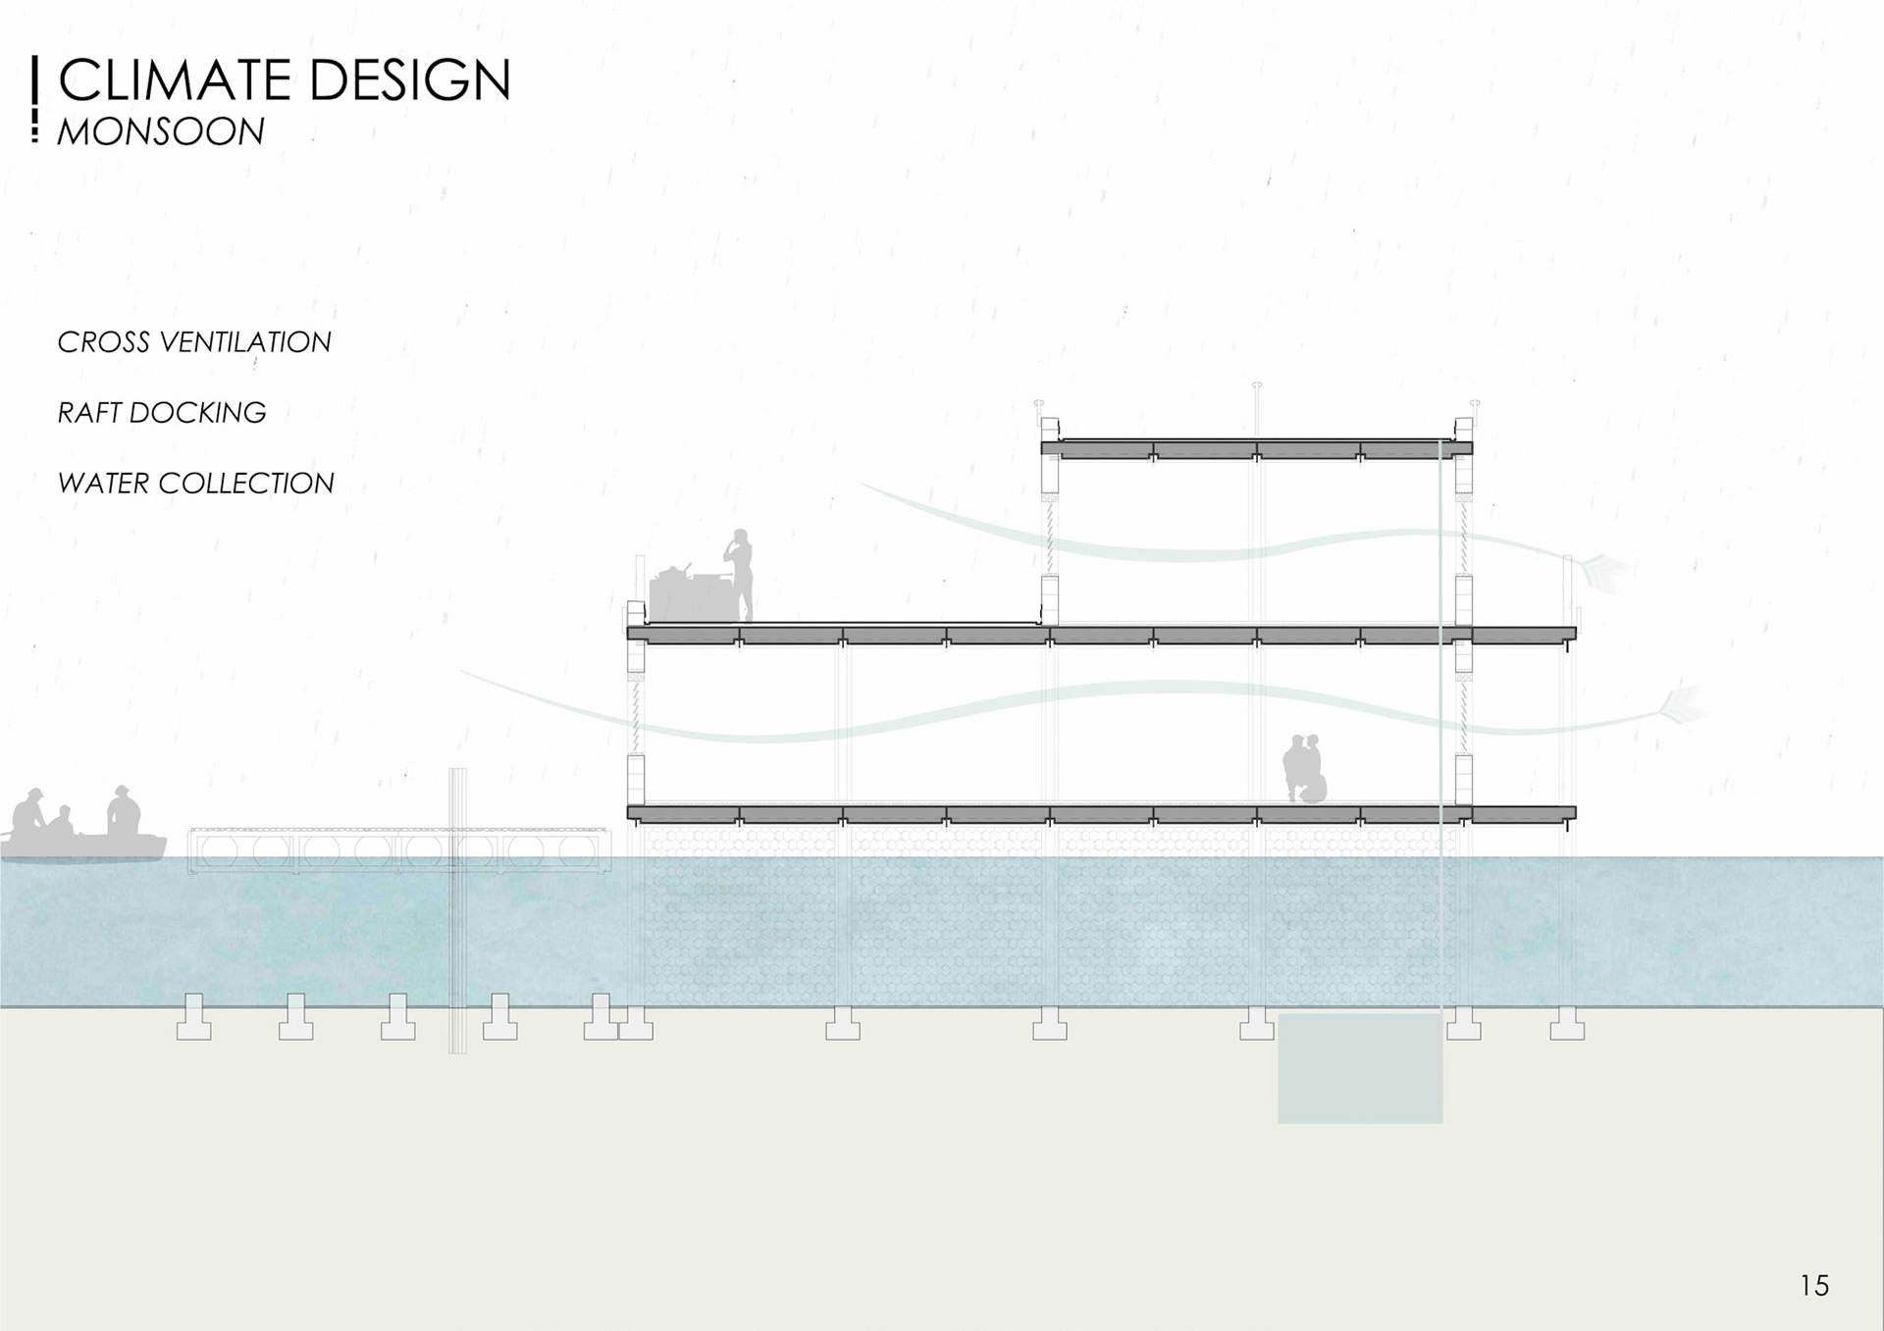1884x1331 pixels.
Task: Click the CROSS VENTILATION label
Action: point(194,342)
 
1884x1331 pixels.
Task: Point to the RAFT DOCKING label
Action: point(162,413)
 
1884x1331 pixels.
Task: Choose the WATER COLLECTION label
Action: point(196,484)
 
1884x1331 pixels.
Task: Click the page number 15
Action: point(1814,1285)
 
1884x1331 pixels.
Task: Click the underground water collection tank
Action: point(1360,1068)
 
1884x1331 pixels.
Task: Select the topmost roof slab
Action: point(1256,449)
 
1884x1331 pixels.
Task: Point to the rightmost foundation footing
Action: point(1566,1023)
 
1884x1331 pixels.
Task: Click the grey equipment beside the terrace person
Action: point(686,594)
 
